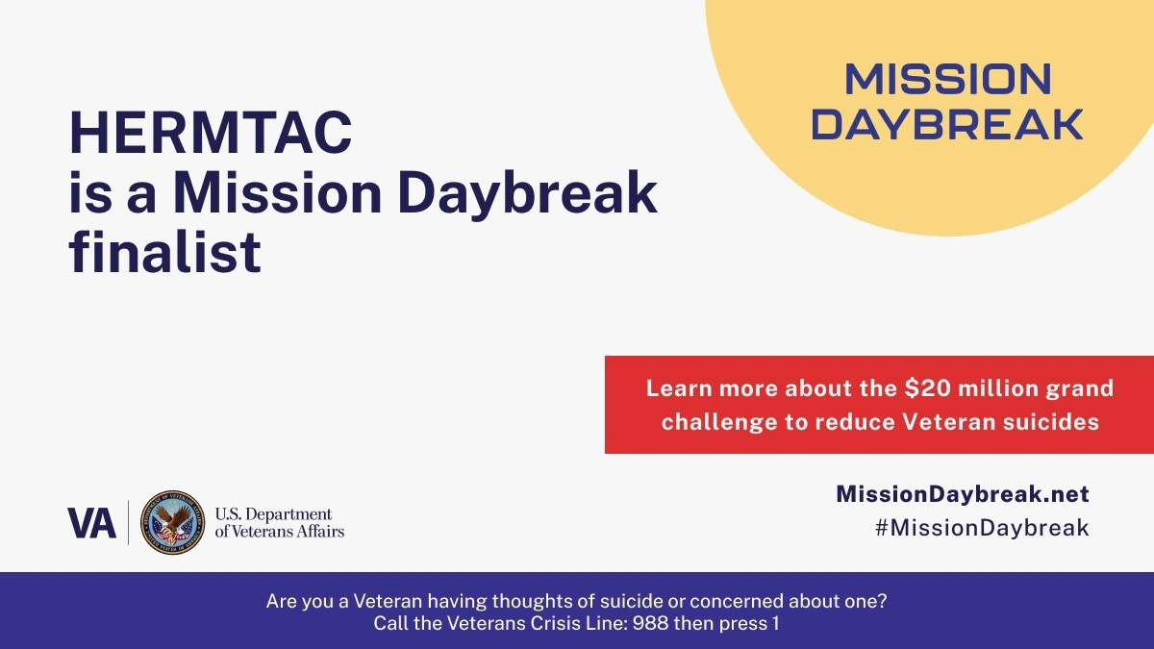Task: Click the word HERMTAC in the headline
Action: (x=211, y=133)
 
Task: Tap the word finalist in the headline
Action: (x=164, y=252)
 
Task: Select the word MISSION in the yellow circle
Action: (x=948, y=79)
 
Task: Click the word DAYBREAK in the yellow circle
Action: (x=947, y=124)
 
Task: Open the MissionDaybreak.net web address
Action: (x=963, y=494)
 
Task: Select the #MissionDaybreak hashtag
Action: (x=982, y=528)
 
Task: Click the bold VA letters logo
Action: (x=91, y=523)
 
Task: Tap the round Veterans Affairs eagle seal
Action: (x=172, y=522)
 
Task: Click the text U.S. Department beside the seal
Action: (x=273, y=514)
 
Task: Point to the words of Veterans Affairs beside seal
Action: (x=280, y=531)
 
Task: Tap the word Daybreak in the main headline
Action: (x=527, y=194)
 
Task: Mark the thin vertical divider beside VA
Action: (x=128, y=522)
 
